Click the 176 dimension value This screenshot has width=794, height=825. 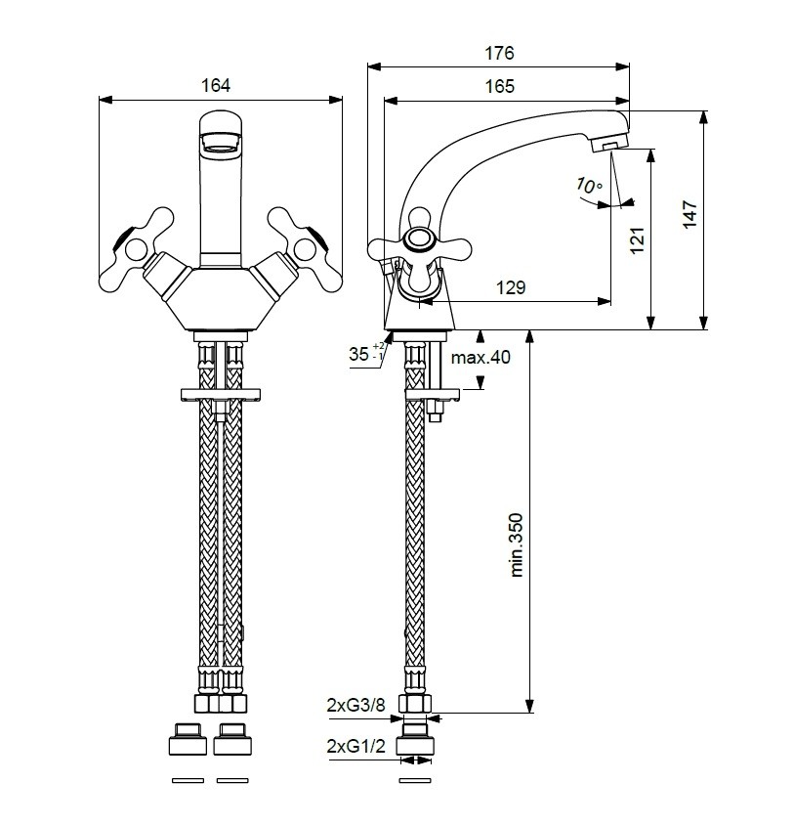point(498,53)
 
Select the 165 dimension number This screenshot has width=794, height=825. point(499,86)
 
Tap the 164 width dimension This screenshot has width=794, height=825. point(216,85)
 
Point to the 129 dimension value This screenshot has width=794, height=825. point(511,287)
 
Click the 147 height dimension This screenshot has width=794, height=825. point(690,214)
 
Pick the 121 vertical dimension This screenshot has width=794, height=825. point(638,240)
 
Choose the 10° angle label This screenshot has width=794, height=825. point(589,186)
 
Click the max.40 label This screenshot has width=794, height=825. point(481,358)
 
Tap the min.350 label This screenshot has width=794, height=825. point(518,545)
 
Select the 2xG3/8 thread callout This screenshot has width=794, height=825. point(356,705)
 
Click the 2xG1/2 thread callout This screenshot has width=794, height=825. point(356,746)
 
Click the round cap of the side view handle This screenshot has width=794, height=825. point(420,238)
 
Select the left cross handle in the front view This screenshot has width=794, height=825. point(137,249)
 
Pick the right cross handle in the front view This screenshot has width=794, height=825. point(305,249)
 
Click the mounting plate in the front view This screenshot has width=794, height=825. point(221,395)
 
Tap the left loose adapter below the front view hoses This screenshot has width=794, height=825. point(188,739)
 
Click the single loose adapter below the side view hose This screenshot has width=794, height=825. point(415,739)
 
